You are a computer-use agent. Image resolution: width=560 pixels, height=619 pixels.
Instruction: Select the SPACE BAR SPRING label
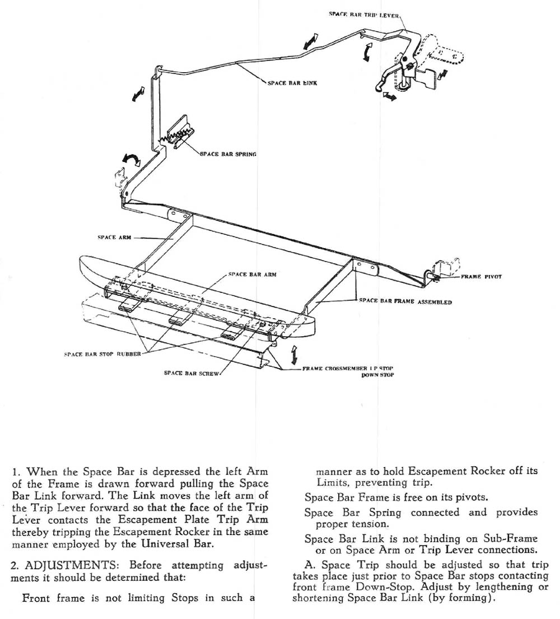coord(228,153)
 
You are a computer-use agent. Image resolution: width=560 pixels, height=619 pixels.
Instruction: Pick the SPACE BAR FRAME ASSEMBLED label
coord(405,301)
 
